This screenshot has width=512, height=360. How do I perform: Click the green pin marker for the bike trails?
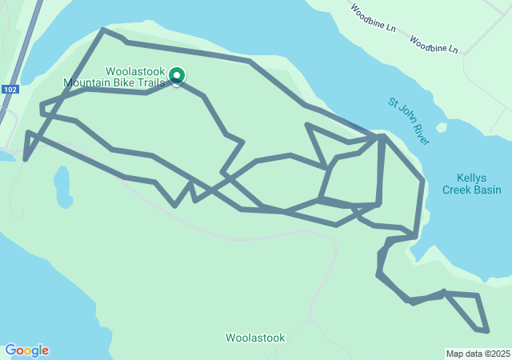177,75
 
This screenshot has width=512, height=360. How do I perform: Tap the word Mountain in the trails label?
87,82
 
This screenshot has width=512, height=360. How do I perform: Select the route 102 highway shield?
10,90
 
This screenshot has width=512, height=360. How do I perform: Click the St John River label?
409,122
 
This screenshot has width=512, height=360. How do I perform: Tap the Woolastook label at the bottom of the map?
255,338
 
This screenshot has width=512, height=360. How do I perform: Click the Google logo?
26,350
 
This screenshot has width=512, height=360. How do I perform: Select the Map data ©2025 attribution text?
478,354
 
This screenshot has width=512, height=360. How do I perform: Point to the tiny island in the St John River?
441,127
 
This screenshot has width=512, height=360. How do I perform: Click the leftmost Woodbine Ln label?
374,18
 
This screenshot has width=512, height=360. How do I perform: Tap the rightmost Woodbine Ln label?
434,44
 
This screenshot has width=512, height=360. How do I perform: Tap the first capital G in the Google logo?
10,350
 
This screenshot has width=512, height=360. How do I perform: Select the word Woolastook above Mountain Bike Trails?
134,70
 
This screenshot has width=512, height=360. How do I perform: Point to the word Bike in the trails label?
123,82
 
